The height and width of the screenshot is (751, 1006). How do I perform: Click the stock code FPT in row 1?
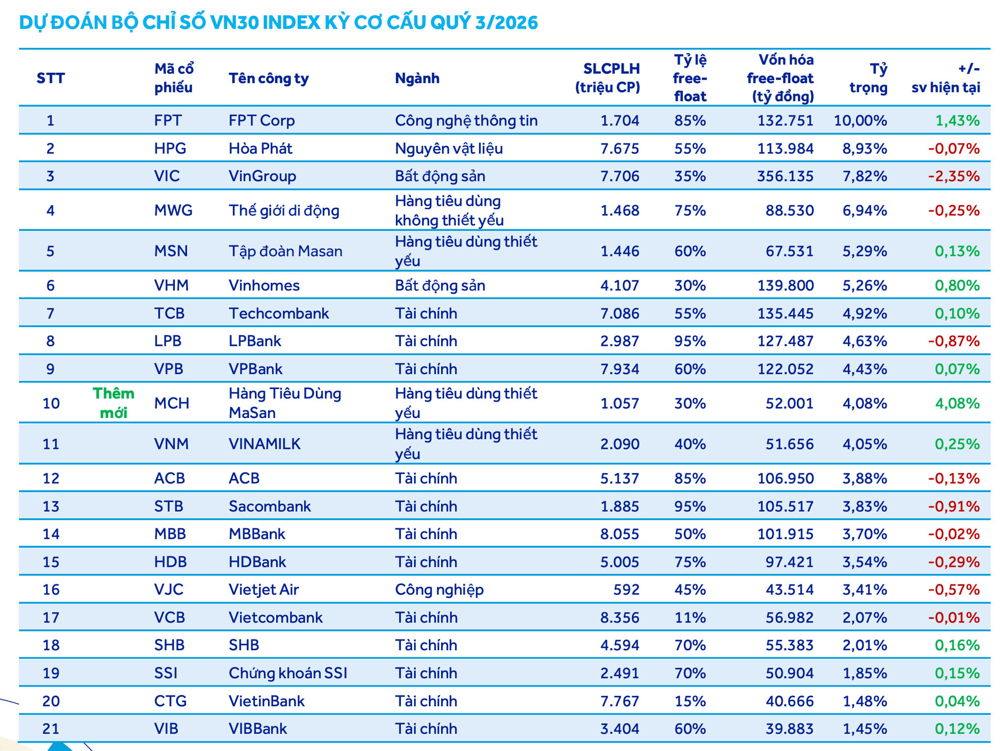pos(168,120)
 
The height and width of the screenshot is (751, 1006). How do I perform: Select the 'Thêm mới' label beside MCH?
pos(113,403)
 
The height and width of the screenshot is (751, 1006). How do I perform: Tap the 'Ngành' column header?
pos(417,78)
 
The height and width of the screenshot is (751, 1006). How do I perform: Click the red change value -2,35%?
pos(953,176)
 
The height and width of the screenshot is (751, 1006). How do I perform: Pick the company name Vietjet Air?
pos(264,589)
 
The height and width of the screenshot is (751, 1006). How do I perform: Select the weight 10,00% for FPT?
pos(860,120)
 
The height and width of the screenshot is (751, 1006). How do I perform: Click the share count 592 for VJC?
pos(626,589)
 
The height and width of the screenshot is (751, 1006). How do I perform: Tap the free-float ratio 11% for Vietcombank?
pos(690,617)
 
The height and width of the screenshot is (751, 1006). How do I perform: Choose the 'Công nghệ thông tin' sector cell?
pos(466,121)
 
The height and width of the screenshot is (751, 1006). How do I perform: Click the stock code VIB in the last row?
pos(166,728)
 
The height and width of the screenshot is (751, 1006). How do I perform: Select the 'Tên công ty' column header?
pos(269,79)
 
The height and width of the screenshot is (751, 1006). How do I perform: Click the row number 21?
pos(51,728)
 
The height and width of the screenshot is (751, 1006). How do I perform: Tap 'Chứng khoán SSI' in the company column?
pos(288,673)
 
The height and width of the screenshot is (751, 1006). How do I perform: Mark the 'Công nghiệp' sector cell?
pos(439,590)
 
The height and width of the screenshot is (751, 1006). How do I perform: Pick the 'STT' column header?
pos(51,78)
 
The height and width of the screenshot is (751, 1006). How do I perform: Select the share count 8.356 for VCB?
pos(619,617)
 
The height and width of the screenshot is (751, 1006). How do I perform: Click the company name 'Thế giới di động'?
pos(284,211)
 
